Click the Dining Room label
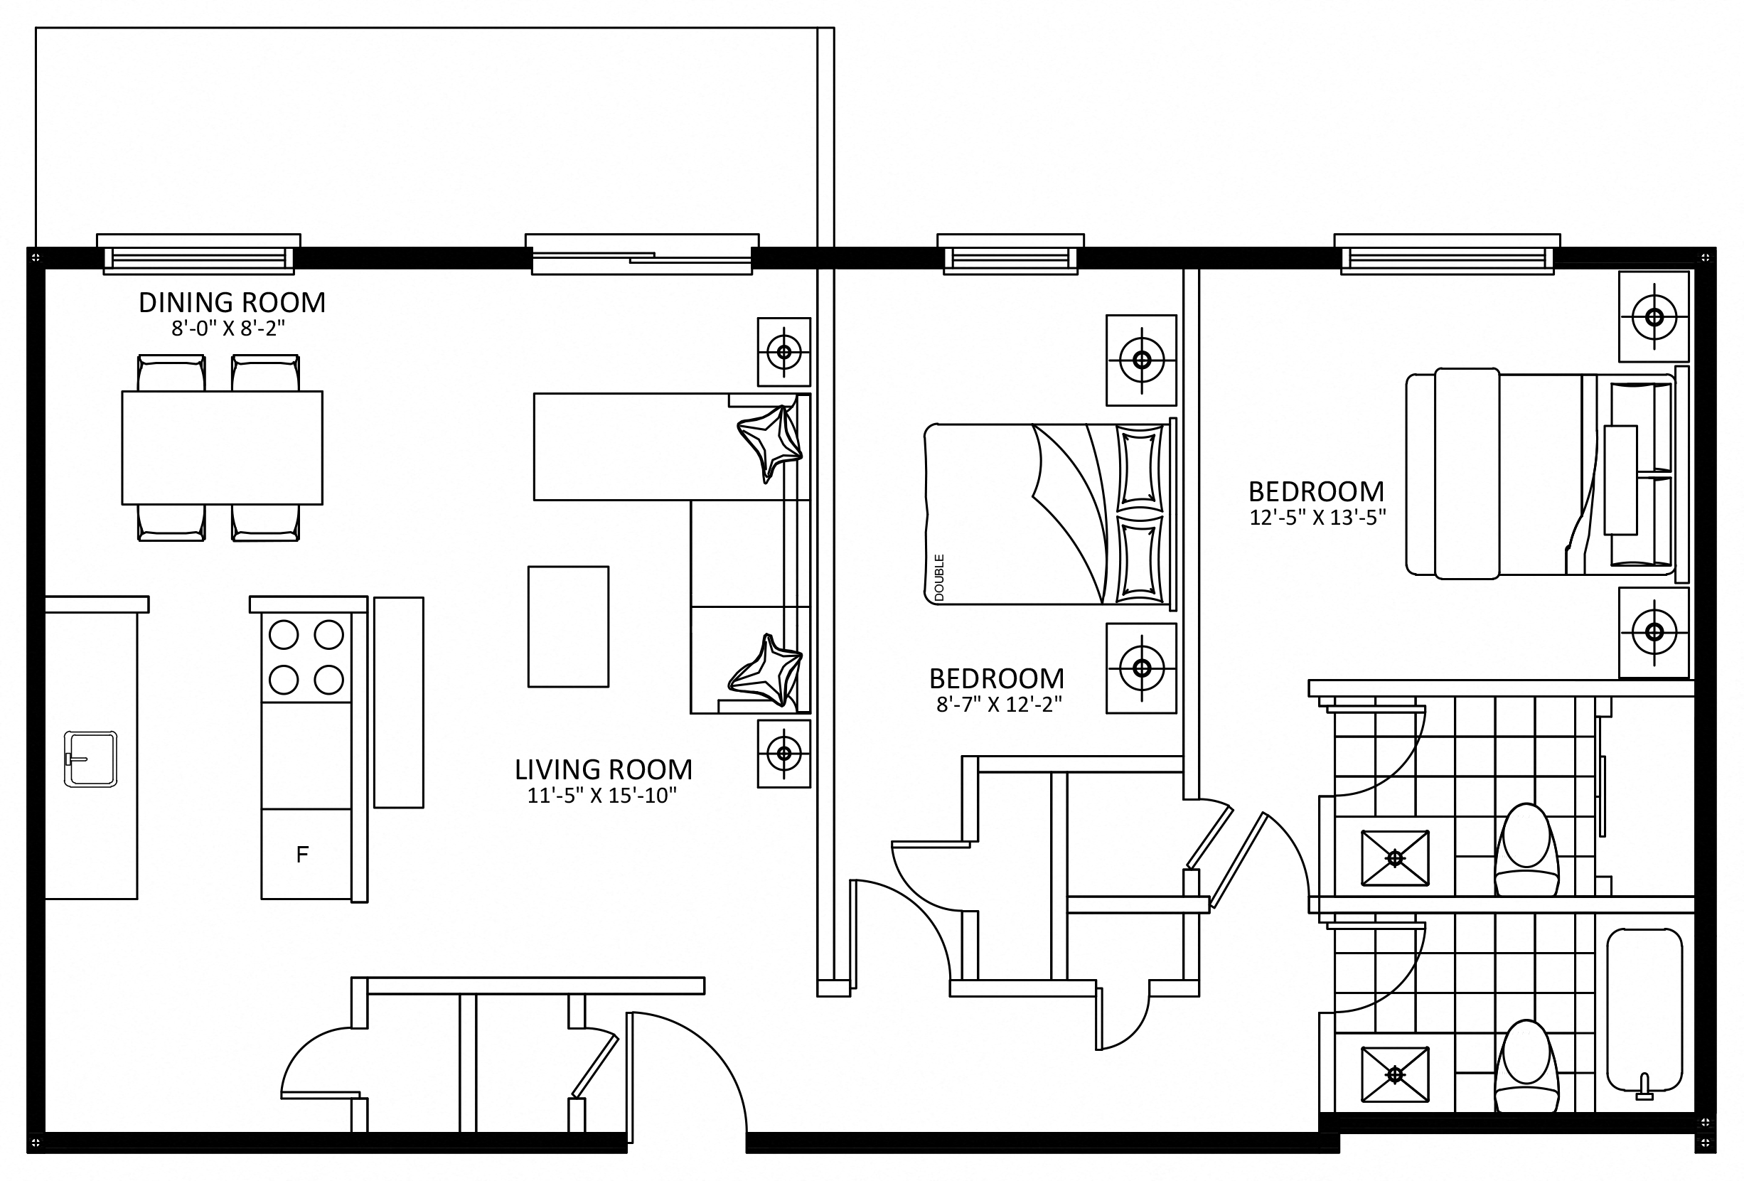point(232,302)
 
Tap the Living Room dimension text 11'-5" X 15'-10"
point(602,796)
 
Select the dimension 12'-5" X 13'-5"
point(1317,517)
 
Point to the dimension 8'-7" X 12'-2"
point(999,704)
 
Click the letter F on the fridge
point(302,855)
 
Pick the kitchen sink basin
point(91,759)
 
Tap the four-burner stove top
point(306,657)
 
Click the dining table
point(222,448)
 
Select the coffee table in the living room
point(568,626)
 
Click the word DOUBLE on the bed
point(938,578)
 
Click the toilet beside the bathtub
point(1526,1067)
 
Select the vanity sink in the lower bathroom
point(1395,1074)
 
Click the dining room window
point(199,255)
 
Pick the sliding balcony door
point(641,255)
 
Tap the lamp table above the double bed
point(1141,360)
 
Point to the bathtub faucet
point(1644,1086)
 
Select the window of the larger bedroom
point(1447,255)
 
